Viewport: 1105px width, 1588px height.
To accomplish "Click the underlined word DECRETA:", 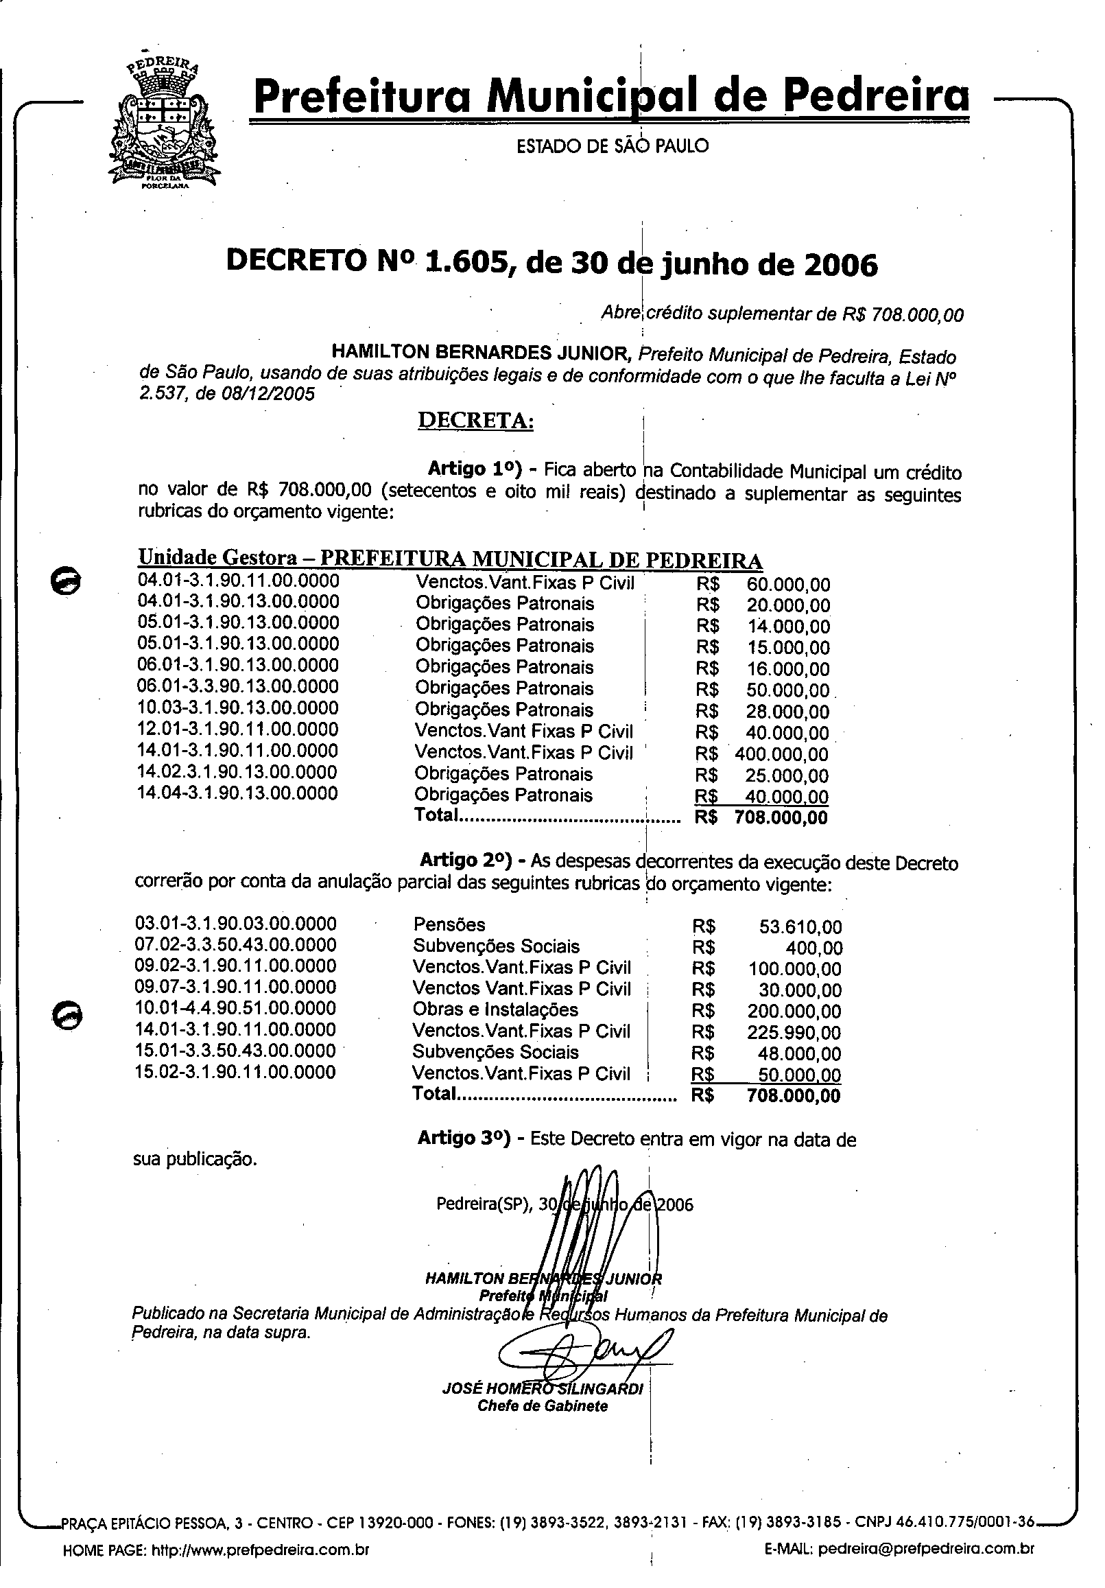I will click(x=475, y=421).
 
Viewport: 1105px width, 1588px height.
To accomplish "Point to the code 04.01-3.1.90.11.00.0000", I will click(x=239, y=581).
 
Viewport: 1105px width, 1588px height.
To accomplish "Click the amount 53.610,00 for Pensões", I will click(x=800, y=927).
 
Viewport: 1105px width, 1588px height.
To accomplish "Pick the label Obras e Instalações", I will click(x=495, y=1009).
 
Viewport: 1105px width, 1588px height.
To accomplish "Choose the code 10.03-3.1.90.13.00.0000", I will click(x=239, y=708).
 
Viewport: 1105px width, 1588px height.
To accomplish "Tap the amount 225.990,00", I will click(x=794, y=1033).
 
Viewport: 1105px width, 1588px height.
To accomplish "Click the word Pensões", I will click(x=449, y=924).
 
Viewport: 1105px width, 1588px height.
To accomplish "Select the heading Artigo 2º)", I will click(x=465, y=861).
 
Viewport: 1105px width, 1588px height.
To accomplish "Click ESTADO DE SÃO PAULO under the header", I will click(x=613, y=146).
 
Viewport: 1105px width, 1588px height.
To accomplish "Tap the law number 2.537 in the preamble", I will click(x=163, y=394).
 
